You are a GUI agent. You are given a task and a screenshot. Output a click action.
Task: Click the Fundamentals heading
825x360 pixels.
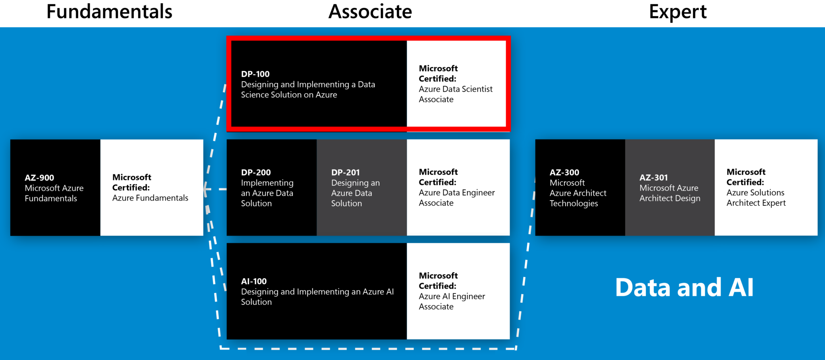tap(109, 12)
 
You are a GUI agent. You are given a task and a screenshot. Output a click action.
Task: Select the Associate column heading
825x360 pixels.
tap(370, 12)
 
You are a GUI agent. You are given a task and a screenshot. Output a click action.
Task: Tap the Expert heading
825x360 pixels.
tap(678, 12)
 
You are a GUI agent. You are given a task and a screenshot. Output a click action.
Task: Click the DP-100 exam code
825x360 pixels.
tap(255, 74)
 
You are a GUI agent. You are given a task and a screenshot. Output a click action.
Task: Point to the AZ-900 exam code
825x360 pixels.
tap(39, 178)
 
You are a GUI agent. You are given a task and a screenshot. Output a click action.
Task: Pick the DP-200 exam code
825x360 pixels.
tap(256, 172)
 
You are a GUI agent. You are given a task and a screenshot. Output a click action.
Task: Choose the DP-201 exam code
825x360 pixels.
tap(345, 172)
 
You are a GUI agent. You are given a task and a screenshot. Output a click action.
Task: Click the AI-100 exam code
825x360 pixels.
tap(254, 281)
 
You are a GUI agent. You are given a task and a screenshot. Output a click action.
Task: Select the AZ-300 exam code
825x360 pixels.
tap(564, 172)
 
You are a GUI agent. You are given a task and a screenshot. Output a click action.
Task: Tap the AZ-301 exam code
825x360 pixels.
tap(653, 178)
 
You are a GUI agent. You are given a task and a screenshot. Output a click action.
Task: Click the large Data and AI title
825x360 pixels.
tap(684, 288)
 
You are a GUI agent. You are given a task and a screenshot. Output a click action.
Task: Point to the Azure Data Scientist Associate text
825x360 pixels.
tap(455, 94)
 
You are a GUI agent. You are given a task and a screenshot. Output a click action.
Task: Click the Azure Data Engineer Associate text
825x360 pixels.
tap(456, 198)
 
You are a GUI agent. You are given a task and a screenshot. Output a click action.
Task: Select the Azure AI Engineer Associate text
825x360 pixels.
tap(452, 301)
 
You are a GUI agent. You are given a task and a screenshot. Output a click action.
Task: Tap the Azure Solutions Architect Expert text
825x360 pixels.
tap(756, 198)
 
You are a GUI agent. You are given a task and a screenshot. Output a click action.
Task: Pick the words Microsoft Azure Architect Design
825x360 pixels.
tap(670, 193)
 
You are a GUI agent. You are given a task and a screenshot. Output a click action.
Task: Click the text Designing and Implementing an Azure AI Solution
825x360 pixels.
tap(317, 297)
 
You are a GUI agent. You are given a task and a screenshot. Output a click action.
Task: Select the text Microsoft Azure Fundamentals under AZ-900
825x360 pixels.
tap(54, 193)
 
